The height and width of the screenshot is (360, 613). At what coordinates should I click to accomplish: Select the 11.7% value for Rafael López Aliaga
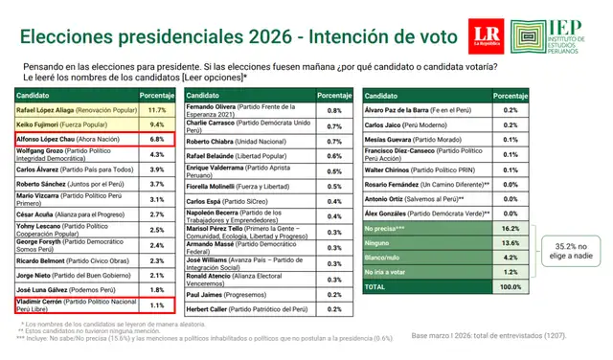pyautogui.click(x=160, y=110)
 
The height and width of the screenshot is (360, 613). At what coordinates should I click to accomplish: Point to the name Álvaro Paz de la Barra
pyautogui.click(x=402, y=110)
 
